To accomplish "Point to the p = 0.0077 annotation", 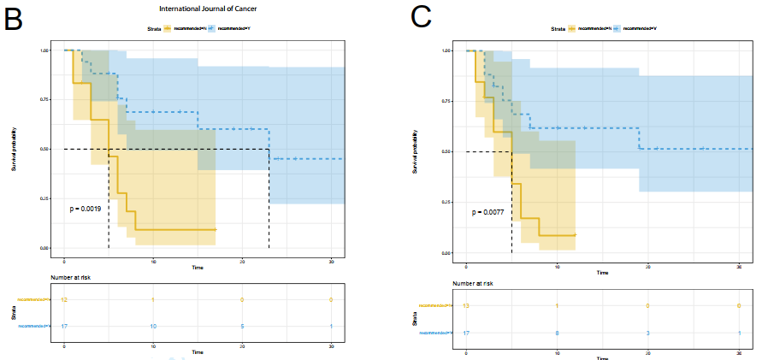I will pos(489,212).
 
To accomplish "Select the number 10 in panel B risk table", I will pos(154,326).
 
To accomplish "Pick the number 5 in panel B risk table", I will pos(242,326).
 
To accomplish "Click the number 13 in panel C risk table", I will pos(465,305).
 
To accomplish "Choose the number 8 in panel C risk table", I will pos(557,333).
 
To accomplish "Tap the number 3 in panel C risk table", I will pos(647,333).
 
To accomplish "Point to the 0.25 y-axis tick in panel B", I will pos(44,199).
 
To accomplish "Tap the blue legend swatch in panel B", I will pos(211,28).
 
